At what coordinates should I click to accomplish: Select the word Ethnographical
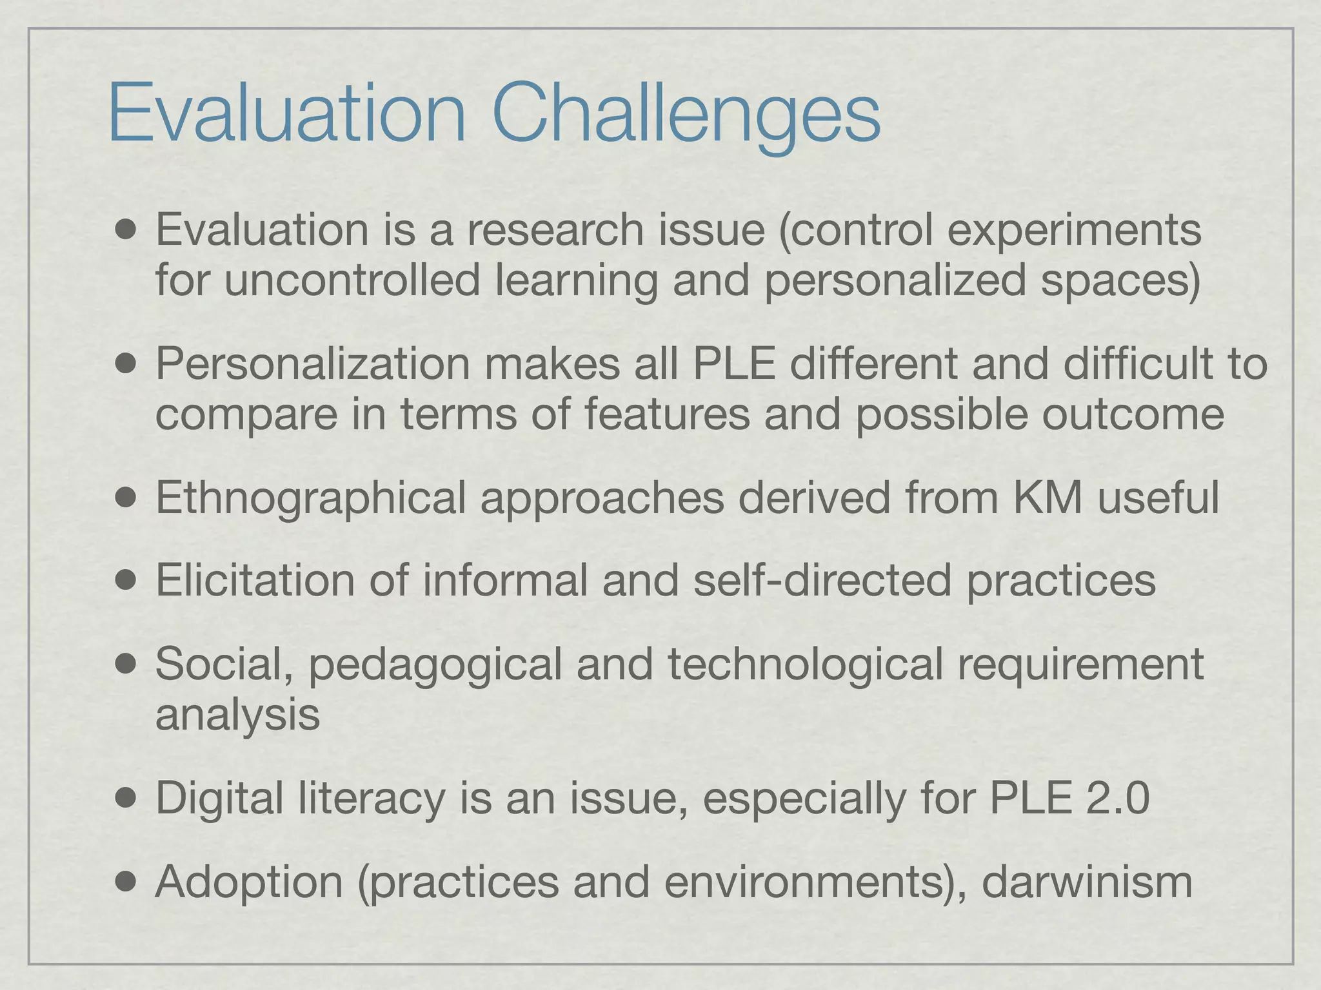tap(310, 499)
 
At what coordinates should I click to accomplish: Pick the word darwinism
tap(1087, 881)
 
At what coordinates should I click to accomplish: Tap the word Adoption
tap(249, 882)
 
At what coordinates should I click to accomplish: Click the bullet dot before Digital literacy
tap(127, 799)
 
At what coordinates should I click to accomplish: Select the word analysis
tap(237, 715)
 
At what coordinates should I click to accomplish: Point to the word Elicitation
tap(255, 579)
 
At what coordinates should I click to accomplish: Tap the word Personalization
tap(313, 364)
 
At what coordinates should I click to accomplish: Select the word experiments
tap(1074, 231)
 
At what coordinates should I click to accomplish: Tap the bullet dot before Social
tap(127, 664)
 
